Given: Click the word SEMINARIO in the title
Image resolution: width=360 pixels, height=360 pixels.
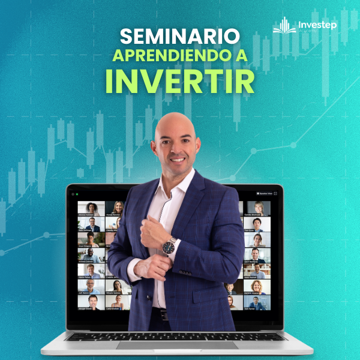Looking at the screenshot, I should [x=179, y=36].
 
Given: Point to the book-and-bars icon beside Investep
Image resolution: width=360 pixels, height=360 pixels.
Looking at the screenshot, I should [x=285, y=26].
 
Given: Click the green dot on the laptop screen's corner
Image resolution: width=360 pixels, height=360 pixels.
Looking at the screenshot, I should [x=76, y=194].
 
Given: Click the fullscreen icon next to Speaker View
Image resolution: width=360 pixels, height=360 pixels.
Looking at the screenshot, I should [x=275, y=194].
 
